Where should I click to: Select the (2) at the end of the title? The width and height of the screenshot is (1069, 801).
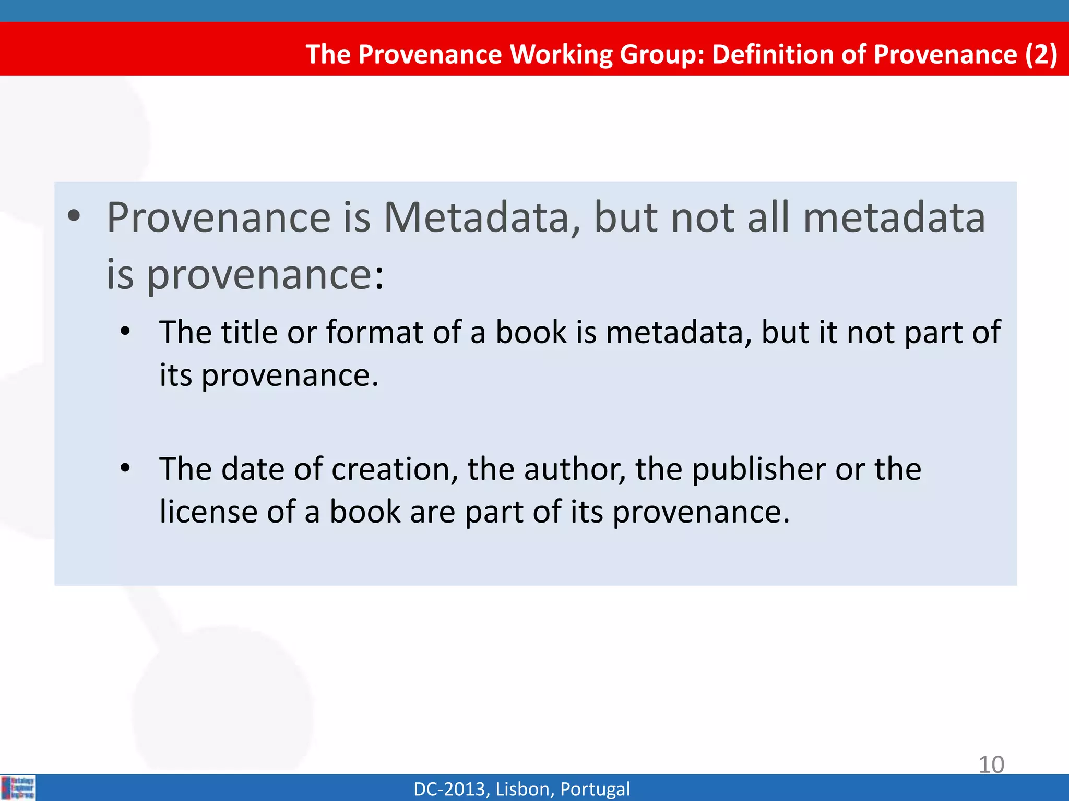(x=1041, y=54)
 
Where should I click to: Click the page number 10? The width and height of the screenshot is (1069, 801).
(x=991, y=764)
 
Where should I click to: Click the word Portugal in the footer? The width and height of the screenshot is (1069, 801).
(x=595, y=789)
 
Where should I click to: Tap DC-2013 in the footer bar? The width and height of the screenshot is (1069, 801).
(x=451, y=789)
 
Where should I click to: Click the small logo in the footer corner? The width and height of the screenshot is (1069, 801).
(x=19, y=787)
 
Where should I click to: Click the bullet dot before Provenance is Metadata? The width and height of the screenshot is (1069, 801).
(x=74, y=216)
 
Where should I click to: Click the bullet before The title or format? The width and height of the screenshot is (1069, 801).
(x=125, y=332)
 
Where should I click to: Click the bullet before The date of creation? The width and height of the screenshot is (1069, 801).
(x=125, y=468)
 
